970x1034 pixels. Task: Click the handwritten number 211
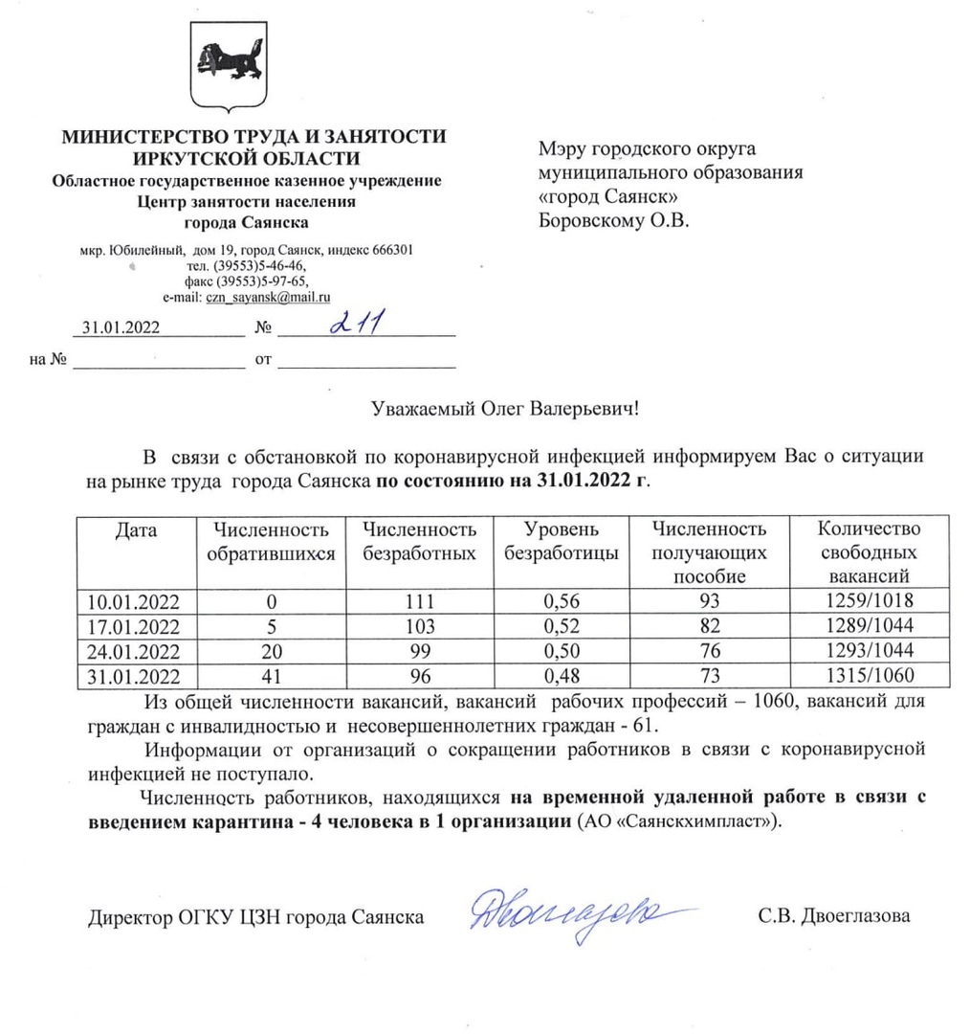pos(356,326)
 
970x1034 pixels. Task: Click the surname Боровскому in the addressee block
pos(593,220)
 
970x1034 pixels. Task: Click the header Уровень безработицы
pos(561,542)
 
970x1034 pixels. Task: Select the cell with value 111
pos(419,602)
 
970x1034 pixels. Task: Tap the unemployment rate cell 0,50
pos(561,652)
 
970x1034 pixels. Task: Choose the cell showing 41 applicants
pos(272,677)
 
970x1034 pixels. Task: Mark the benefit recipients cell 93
pos(709,602)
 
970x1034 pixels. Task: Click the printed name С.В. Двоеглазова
pos(834,916)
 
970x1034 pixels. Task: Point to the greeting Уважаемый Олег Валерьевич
pos(503,410)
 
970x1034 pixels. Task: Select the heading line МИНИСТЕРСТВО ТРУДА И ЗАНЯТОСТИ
pos(254,136)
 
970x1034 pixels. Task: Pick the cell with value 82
pos(709,627)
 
